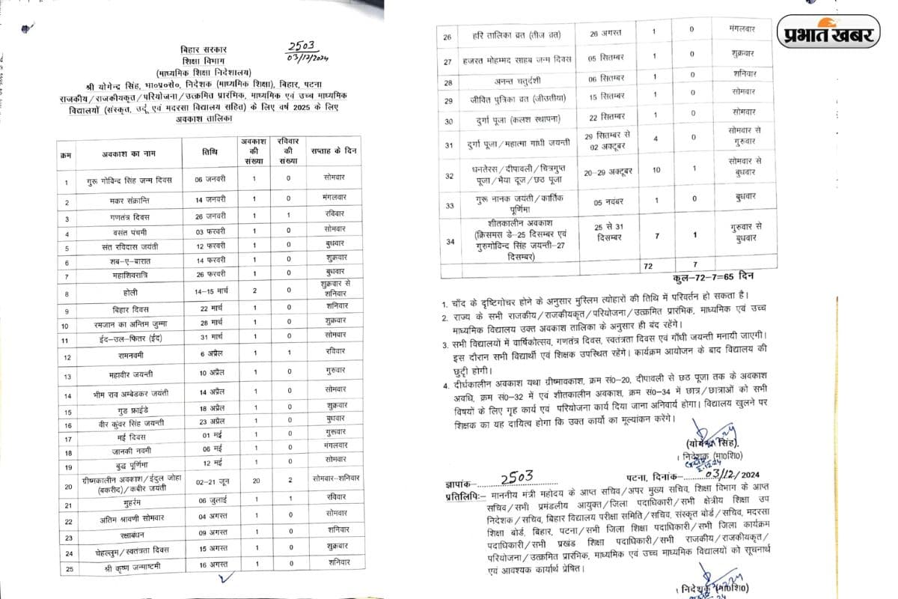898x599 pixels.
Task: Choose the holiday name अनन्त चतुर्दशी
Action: click(507, 82)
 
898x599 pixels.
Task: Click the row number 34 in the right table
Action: click(450, 241)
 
